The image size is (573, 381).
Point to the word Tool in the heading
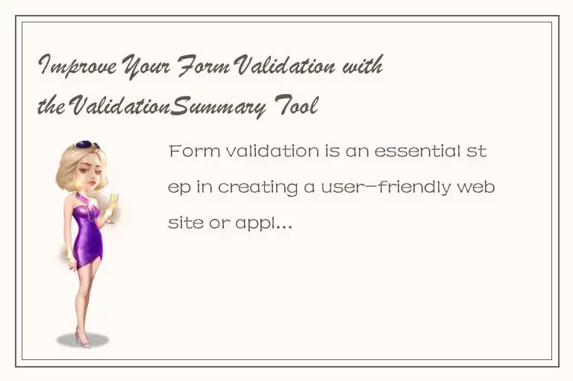(x=298, y=108)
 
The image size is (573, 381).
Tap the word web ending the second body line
(x=479, y=187)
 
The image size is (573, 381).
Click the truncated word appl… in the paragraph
(x=261, y=223)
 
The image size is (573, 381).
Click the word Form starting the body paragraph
(x=190, y=152)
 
